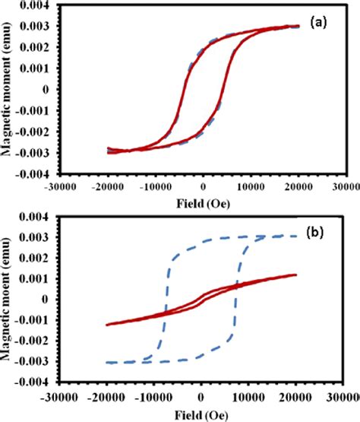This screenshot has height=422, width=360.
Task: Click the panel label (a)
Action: [x=317, y=24]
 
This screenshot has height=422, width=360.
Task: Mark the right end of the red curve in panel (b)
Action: [x=295, y=275]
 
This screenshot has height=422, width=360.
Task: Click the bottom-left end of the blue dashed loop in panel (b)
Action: [x=107, y=363]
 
